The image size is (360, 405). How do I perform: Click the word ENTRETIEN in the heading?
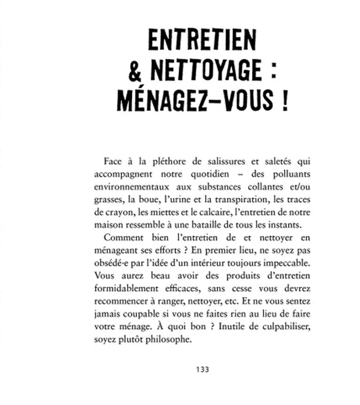pyautogui.click(x=202, y=41)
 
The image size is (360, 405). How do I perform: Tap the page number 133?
pyautogui.click(x=202, y=369)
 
